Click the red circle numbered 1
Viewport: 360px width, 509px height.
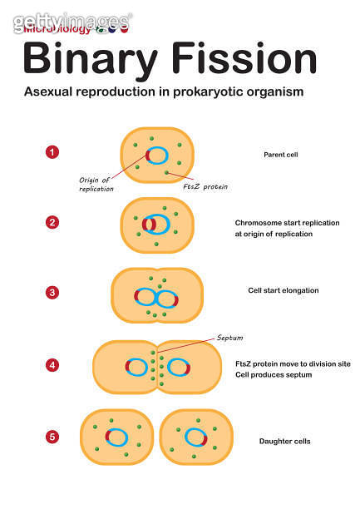[52, 152]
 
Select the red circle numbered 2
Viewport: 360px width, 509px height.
[52, 222]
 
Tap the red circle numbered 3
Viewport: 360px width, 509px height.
[52, 292]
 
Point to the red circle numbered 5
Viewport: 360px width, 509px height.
[52, 435]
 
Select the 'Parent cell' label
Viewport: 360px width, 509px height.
[281, 155]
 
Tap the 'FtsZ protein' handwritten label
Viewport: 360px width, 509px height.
[205, 187]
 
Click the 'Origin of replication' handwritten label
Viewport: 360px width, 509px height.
[96, 184]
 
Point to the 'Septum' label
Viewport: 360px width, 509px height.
[229, 338]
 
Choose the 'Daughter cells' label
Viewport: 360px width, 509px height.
[284, 441]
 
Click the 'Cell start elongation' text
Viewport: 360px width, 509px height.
[283, 290]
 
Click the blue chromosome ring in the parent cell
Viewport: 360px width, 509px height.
[159, 155]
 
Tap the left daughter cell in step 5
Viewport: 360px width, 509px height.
[116, 437]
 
